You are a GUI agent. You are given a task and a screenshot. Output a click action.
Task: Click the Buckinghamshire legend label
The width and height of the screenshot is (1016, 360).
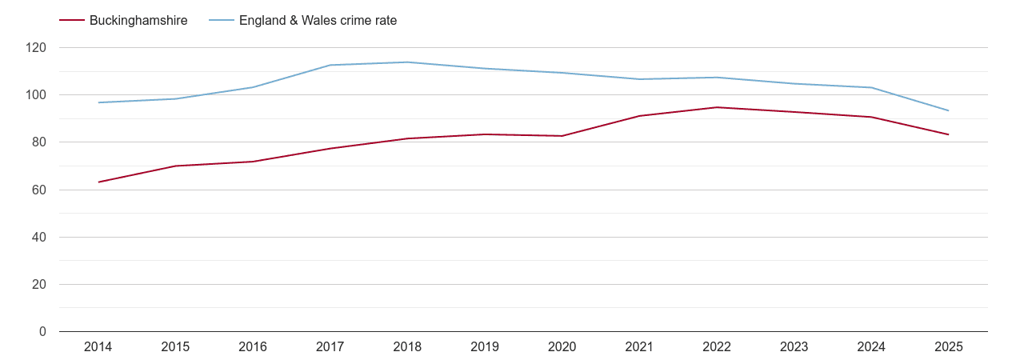tap(138, 21)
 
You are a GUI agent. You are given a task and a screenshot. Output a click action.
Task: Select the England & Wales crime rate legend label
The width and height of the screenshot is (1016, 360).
tap(318, 21)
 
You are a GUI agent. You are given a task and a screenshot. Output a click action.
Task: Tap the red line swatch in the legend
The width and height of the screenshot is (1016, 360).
tap(72, 21)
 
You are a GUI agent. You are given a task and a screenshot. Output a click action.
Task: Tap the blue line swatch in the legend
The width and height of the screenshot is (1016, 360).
tap(222, 21)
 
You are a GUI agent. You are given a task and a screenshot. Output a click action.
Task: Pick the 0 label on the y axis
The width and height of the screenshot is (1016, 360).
tap(43, 332)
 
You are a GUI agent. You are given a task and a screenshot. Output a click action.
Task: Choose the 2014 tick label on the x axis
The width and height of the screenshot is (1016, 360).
tap(98, 347)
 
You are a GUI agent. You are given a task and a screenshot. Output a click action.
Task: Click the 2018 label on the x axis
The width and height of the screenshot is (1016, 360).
tap(407, 347)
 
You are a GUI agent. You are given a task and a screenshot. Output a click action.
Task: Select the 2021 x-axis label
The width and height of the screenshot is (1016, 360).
tap(639, 347)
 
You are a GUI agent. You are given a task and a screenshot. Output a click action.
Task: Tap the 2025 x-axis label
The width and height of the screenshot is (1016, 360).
tap(949, 347)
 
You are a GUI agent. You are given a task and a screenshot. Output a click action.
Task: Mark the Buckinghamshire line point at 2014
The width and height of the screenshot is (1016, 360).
tap(98, 182)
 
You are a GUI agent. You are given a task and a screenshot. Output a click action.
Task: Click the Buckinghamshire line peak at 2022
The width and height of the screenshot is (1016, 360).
tap(717, 107)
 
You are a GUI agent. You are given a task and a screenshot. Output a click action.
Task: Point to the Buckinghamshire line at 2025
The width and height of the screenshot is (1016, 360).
tap(949, 134)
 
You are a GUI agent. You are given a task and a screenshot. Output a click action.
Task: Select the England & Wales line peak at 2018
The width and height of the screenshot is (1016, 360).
tap(407, 62)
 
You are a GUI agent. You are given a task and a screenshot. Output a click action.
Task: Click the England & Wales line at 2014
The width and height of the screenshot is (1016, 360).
tap(98, 102)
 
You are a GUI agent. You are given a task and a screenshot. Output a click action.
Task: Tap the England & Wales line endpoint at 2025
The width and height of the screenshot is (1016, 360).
tap(949, 110)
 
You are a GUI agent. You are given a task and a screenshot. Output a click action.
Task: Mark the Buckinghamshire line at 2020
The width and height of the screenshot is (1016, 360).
tap(562, 136)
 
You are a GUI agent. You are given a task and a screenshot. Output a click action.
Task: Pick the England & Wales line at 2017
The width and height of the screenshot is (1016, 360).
tap(330, 65)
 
